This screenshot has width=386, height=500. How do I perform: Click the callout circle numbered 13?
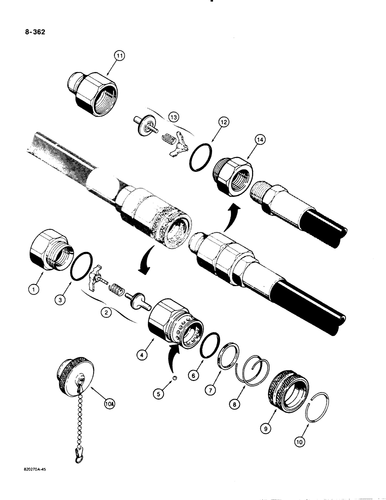tap(173, 117)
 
